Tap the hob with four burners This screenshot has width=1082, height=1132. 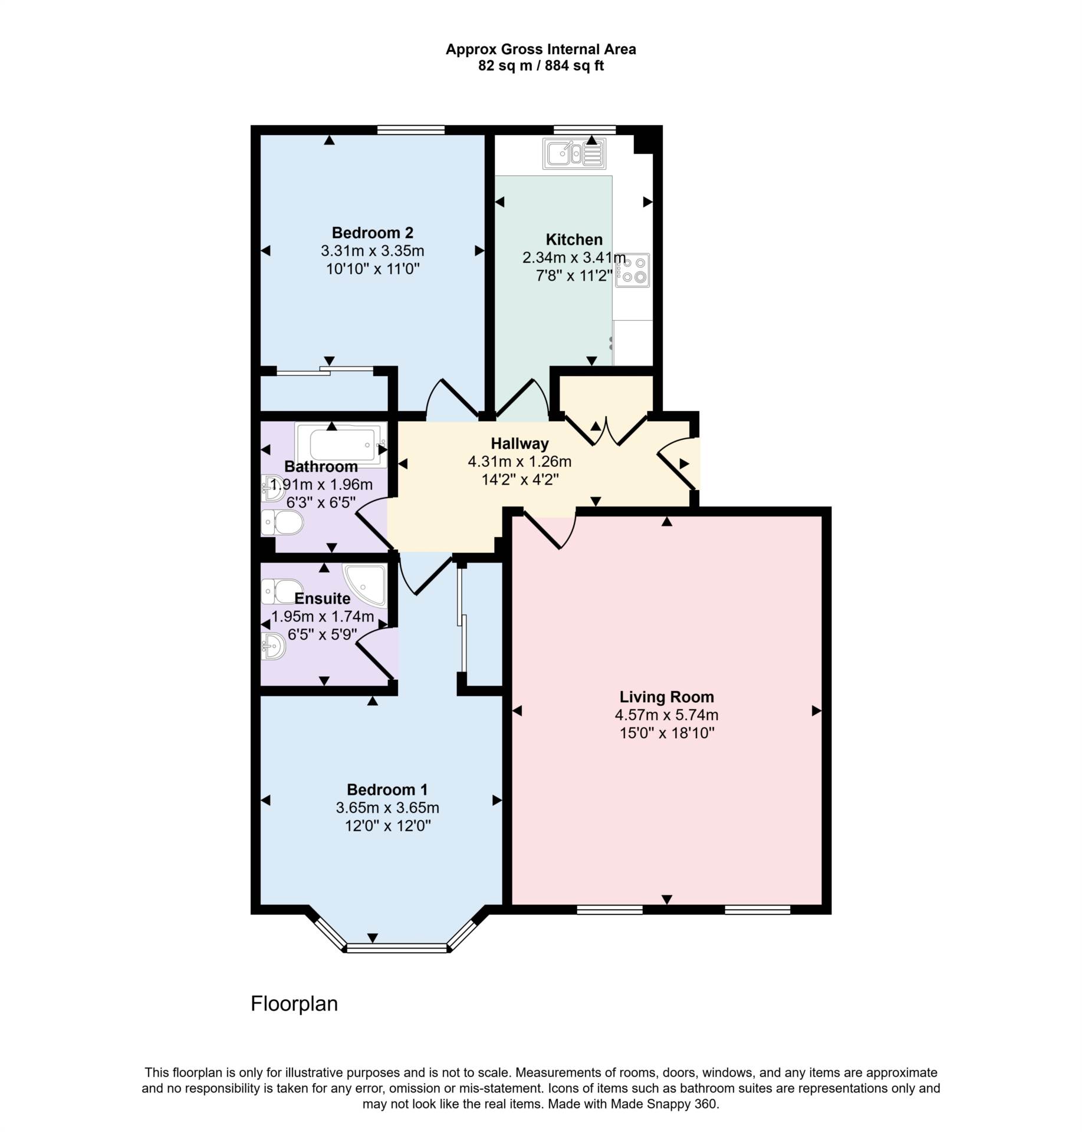(x=632, y=270)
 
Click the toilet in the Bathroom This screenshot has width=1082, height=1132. (x=282, y=523)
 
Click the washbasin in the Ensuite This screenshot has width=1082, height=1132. (x=274, y=647)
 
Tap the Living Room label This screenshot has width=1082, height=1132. (x=666, y=697)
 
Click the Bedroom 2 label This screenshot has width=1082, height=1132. (x=372, y=232)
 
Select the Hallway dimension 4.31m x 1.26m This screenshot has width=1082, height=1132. (x=519, y=462)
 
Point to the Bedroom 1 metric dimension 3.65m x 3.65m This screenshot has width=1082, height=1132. (x=387, y=808)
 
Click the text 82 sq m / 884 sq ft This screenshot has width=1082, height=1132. (x=541, y=66)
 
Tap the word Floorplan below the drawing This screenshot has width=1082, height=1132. (x=294, y=1003)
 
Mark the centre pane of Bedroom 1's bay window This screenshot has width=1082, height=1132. (x=397, y=948)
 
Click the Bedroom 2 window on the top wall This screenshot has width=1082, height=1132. (x=411, y=130)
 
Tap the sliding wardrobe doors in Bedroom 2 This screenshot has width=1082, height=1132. (x=325, y=371)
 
